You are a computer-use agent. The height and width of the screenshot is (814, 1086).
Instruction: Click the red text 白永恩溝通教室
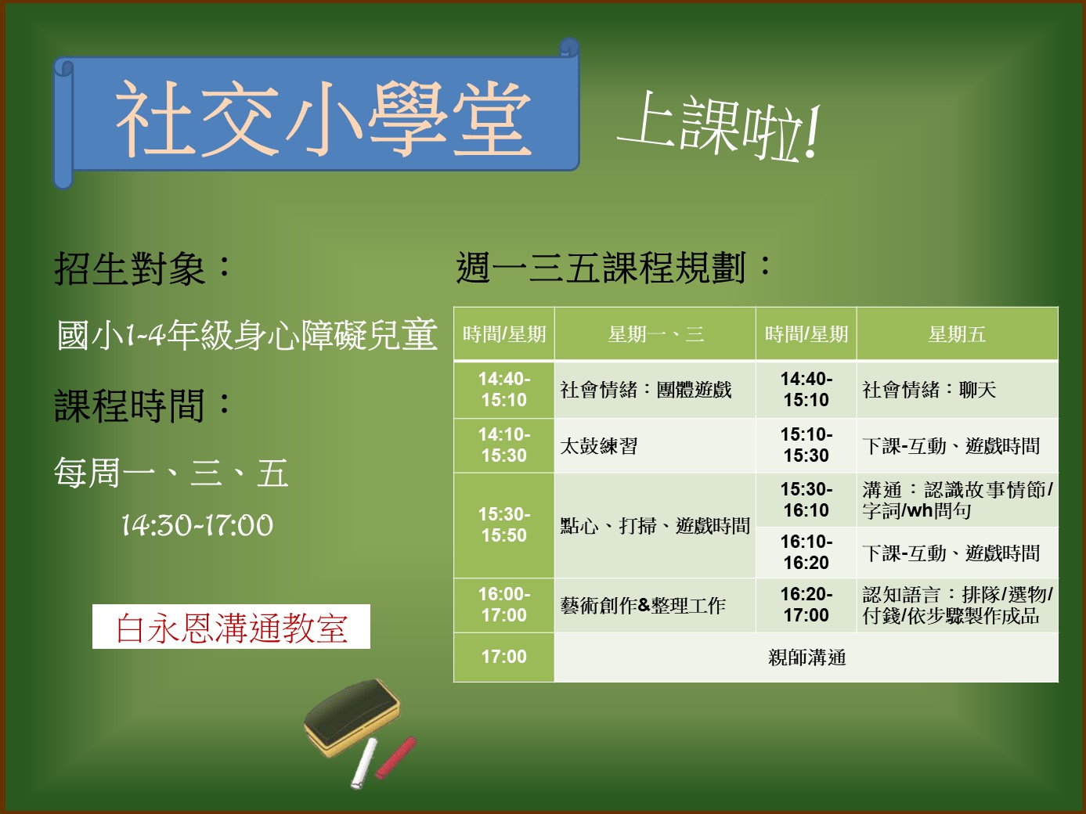click(231, 627)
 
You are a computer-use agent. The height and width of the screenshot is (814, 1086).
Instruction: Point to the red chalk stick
click(395, 758)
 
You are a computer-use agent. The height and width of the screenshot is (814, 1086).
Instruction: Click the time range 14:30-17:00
click(197, 524)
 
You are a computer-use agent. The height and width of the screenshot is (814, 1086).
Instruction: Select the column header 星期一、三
click(655, 334)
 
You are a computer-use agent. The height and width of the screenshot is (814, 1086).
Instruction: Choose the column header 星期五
click(957, 334)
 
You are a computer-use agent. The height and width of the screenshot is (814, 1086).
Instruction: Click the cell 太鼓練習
click(599, 446)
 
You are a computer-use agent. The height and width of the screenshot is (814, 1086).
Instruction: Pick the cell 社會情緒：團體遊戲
click(646, 390)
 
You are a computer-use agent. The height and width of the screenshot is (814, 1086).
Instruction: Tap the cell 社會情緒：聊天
click(929, 390)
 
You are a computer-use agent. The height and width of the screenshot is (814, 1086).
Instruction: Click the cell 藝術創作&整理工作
click(643, 605)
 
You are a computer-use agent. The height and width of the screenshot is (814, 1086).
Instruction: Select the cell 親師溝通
click(806, 657)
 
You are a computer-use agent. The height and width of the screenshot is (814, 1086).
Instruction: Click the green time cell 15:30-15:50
click(504, 525)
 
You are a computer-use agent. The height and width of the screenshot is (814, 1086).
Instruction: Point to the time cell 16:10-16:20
click(806, 553)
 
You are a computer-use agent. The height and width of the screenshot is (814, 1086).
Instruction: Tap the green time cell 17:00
click(504, 657)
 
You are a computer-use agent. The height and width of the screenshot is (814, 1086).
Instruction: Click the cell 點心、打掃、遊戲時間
click(655, 526)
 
